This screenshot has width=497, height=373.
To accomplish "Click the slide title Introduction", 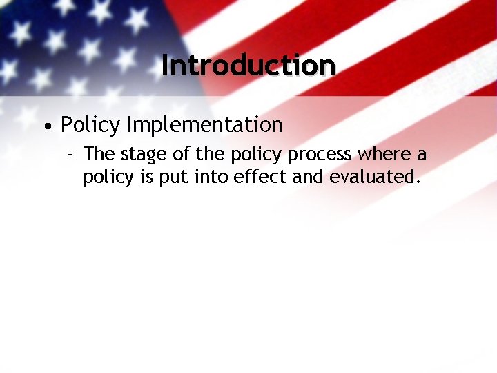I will (248, 66).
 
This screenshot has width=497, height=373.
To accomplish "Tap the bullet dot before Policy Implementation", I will (46, 127).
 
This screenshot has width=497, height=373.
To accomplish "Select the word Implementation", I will (204, 126).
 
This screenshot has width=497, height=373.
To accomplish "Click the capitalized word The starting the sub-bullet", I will (97, 155).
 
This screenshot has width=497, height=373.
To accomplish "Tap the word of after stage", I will (179, 155).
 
